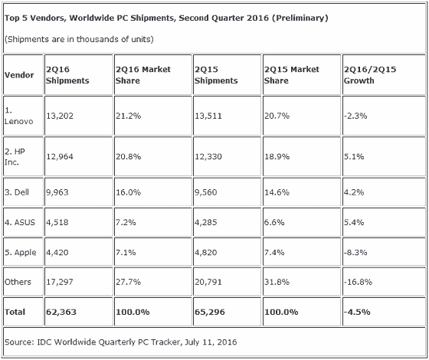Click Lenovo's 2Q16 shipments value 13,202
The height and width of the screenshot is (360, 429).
click(60, 116)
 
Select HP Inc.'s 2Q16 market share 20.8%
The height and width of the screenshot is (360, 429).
click(128, 156)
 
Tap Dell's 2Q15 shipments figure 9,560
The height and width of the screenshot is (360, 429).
click(206, 192)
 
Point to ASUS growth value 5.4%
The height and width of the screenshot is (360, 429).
click(354, 222)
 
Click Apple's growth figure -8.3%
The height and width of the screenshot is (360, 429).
click(355, 252)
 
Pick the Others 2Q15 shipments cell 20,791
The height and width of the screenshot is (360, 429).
click(208, 282)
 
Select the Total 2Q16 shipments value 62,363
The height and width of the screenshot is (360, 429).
click(61, 312)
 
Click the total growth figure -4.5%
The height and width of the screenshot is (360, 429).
click(357, 312)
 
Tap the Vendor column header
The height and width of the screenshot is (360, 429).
click(19, 75)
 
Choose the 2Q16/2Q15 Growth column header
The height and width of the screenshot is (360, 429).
click(370, 75)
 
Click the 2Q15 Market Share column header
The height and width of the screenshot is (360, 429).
click(291, 75)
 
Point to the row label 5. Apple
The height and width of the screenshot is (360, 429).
click(20, 252)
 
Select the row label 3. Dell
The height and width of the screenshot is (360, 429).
click(17, 192)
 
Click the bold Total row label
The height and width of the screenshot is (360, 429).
click(15, 312)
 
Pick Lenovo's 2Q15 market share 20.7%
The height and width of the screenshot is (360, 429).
click(277, 116)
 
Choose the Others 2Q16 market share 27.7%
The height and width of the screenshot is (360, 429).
click(128, 282)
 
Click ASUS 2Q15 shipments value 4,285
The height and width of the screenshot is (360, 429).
click(206, 222)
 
